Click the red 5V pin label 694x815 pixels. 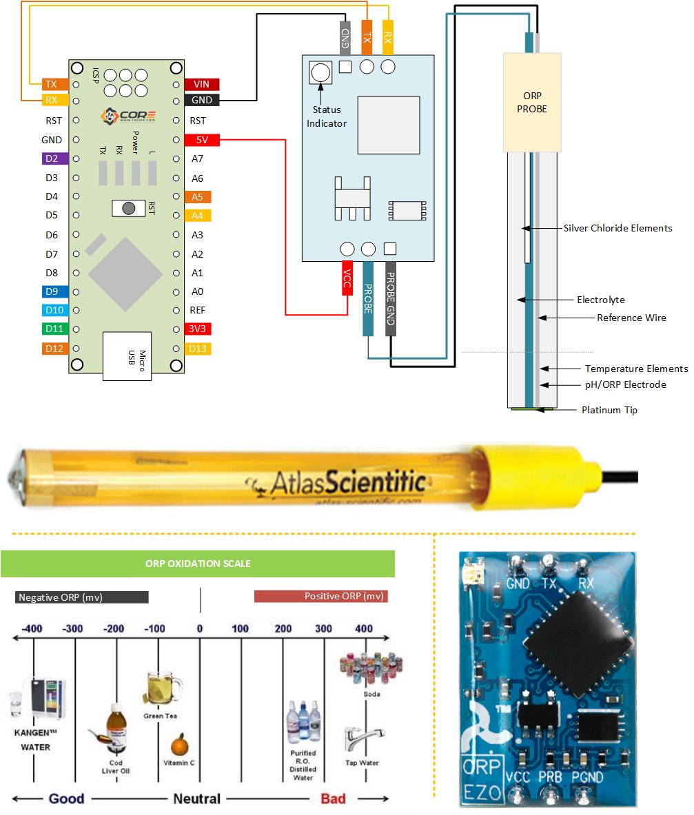tap(201, 140)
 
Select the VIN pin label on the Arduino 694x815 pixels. tap(201, 84)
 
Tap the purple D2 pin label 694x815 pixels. tap(54, 158)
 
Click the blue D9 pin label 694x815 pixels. tap(54, 291)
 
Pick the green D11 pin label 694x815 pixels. tap(54, 329)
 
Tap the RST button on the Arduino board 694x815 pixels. tap(127, 207)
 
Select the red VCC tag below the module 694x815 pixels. tap(347, 279)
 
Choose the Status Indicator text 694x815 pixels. tap(327, 116)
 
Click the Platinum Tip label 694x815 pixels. tap(609, 410)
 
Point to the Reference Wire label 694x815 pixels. tap(631, 318)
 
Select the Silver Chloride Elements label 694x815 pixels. tap(618, 228)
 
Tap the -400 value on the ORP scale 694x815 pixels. tap(32, 628)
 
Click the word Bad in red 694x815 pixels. tap(333, 798)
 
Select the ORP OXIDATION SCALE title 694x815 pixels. tap(198, 564)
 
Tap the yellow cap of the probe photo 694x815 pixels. tap(531, 471)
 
